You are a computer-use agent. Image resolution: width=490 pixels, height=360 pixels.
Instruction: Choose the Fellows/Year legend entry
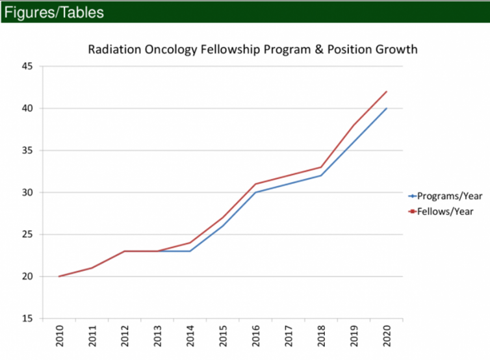coord(445,211)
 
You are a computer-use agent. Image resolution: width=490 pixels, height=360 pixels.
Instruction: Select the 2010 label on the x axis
coord(59,337)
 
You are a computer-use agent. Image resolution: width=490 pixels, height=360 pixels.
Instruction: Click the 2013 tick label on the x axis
coord(157,337)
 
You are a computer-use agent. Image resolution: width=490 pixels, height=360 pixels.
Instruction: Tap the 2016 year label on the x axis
coord(255,337)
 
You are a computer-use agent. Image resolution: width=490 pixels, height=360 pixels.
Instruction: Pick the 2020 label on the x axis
coord(387,337)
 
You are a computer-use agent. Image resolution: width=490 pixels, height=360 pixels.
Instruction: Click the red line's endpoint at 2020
coord(387,92)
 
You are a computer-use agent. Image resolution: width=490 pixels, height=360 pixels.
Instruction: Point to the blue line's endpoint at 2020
coord(387,109)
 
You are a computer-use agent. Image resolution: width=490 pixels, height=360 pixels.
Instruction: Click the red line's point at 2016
coord(255,184)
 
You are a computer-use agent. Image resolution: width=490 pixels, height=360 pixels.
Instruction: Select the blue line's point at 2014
coord(190,251)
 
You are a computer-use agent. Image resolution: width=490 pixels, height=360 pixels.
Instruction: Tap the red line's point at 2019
coord(354,125)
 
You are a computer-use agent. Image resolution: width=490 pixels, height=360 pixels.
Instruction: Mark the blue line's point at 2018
coord(321,175)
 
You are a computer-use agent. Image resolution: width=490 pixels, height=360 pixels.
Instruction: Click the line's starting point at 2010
coord(59,276)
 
